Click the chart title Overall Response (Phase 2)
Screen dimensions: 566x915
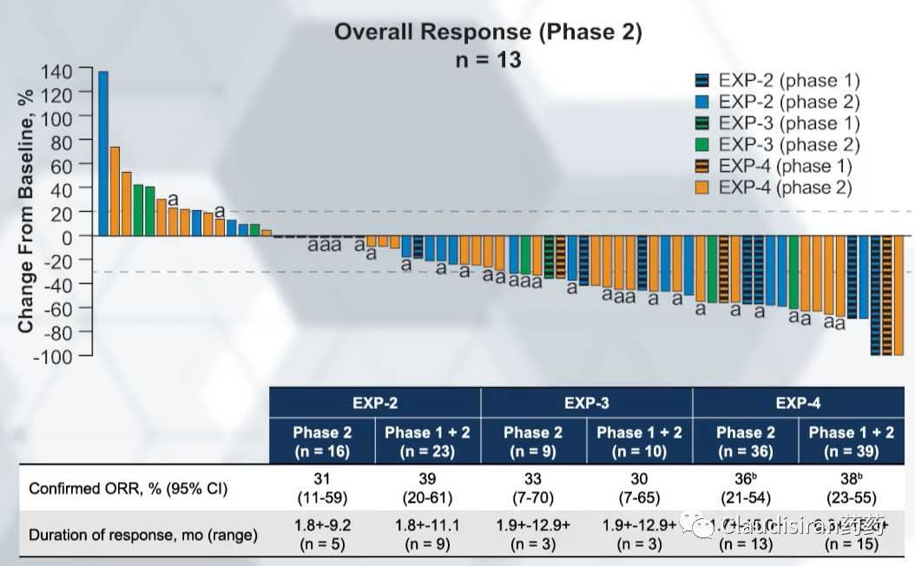pos(489,32)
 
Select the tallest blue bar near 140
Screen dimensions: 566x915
pos(103,153)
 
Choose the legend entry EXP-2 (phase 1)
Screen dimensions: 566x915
pos(778,81)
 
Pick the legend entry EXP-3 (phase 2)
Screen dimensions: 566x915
pos(778,144)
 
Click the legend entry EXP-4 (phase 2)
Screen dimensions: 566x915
pos(778,187)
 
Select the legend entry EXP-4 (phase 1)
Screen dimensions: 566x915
pos(778,166)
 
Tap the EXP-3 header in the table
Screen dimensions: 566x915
pos(587,403)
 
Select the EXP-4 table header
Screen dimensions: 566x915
pos(798,403)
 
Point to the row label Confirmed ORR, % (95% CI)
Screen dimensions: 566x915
pos(128,489)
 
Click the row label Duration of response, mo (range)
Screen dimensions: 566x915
pos(143,535)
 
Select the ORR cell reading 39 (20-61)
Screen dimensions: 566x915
pos(427,489)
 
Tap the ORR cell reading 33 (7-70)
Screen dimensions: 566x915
pos(533,489)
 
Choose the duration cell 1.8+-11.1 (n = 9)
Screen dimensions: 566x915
pos(427,535)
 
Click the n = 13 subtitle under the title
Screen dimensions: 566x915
pos(489,61)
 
